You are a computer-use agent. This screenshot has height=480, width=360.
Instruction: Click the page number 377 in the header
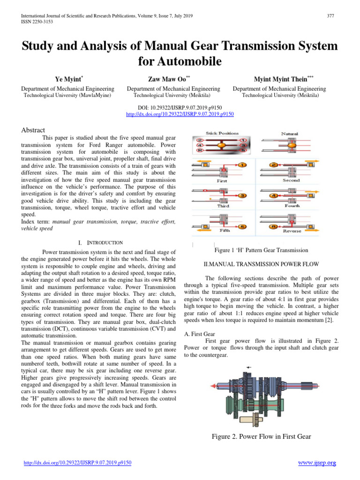330,15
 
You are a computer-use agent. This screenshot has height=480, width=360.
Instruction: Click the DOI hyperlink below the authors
180,114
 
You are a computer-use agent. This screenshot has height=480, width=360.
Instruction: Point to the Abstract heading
33,130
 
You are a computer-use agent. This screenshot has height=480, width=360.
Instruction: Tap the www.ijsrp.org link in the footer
317,463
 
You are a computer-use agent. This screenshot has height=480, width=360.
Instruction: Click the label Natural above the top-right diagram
289,134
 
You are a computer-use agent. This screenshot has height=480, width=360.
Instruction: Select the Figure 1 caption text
261,250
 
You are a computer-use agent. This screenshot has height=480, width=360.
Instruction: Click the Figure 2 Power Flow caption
261,436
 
